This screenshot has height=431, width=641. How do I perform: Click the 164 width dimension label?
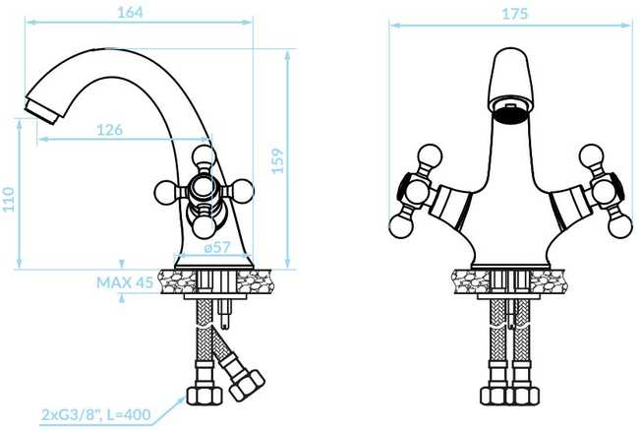pos(130,12)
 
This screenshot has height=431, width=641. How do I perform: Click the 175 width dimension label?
pos(515,14)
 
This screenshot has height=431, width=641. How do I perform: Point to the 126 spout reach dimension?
pos(109,130)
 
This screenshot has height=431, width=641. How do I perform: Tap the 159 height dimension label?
pos(277,160)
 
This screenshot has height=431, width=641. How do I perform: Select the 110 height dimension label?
pos(9,200)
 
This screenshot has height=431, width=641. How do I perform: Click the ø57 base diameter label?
pos(217,247)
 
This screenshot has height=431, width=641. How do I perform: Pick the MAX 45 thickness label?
pos(125,282)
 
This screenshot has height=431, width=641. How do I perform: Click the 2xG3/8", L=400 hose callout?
pos(95,414)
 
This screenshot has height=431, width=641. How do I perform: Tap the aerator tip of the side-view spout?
pos(40,110)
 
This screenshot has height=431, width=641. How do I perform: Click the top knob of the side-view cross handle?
pos(204,155)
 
